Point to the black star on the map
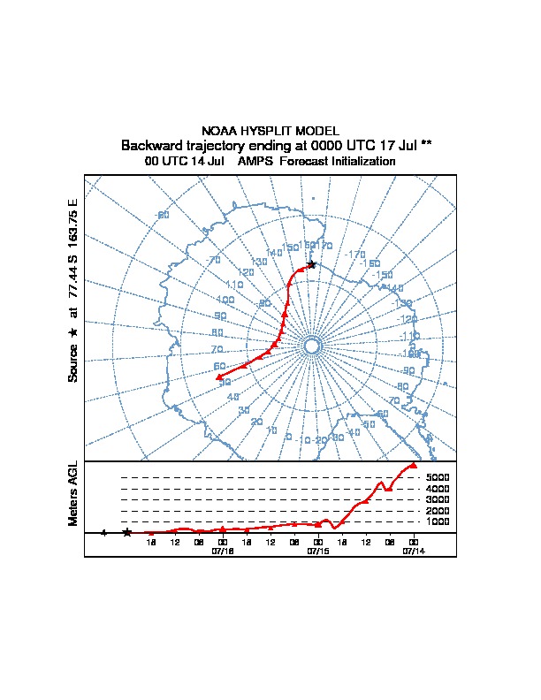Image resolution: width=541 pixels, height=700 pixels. [311, 265]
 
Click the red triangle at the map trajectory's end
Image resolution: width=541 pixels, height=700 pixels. [218, 377]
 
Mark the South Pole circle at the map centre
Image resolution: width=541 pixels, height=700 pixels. [311, 346]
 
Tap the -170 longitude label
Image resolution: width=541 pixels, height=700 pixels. [355, 255]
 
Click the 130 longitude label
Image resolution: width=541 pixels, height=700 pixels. [259, 262]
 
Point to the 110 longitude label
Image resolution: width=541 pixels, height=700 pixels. [234, 285]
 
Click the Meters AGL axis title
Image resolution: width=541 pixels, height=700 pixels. [74, 494]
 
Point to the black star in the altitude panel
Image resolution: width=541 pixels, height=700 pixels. [127, 533]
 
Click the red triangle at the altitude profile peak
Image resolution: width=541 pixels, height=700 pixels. [413, 465]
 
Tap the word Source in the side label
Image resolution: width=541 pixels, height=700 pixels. [74, 362]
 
